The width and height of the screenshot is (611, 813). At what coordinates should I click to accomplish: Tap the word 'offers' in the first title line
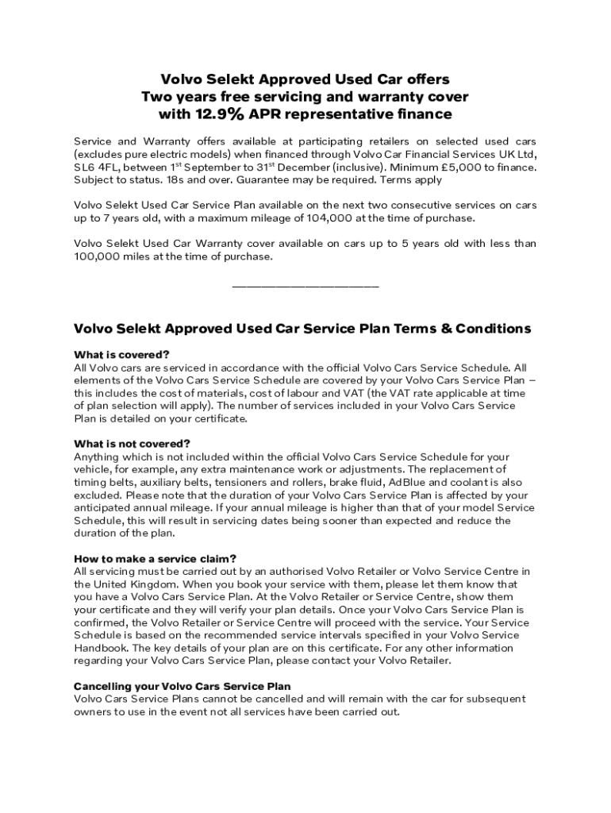pyautogui.click(x=428, y=79)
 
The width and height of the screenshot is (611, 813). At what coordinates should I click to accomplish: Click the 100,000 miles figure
pyautogui.click(x=100, y=256)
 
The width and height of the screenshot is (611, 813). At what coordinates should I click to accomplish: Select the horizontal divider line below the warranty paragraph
pyautogui.click(x=305, y=286)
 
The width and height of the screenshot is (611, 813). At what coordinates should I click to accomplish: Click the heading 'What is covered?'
pyautogui.click(x=121, y=354)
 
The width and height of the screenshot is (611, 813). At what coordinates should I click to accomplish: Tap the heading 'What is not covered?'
pyautogui.click(x=133, y=444)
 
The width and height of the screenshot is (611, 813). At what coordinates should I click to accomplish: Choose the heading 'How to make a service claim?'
pyautogui.click(x=155, y=558)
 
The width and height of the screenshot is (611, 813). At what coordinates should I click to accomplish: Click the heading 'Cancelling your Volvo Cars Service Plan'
pyautogui.click(x=183, y=686)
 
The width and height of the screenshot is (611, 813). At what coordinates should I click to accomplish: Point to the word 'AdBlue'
pyautogui.click(x=410, y=483)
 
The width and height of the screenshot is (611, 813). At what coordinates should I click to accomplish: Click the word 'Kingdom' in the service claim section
pyautogui.click(x=148, y=584)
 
